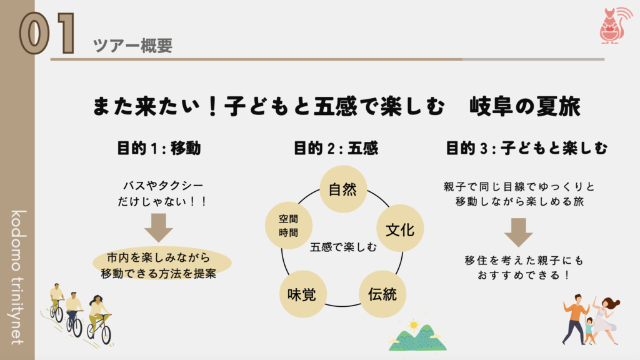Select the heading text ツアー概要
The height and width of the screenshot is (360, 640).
(x=132, y=45)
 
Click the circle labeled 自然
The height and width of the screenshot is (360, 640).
(x=342, y=189)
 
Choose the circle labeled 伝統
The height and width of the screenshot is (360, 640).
(x=382, y=292)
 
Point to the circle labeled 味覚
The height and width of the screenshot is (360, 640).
(x=301, y=292)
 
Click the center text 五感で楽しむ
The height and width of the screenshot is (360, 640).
(x=343, y=247)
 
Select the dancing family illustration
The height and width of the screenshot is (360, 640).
(x=590, y=319)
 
